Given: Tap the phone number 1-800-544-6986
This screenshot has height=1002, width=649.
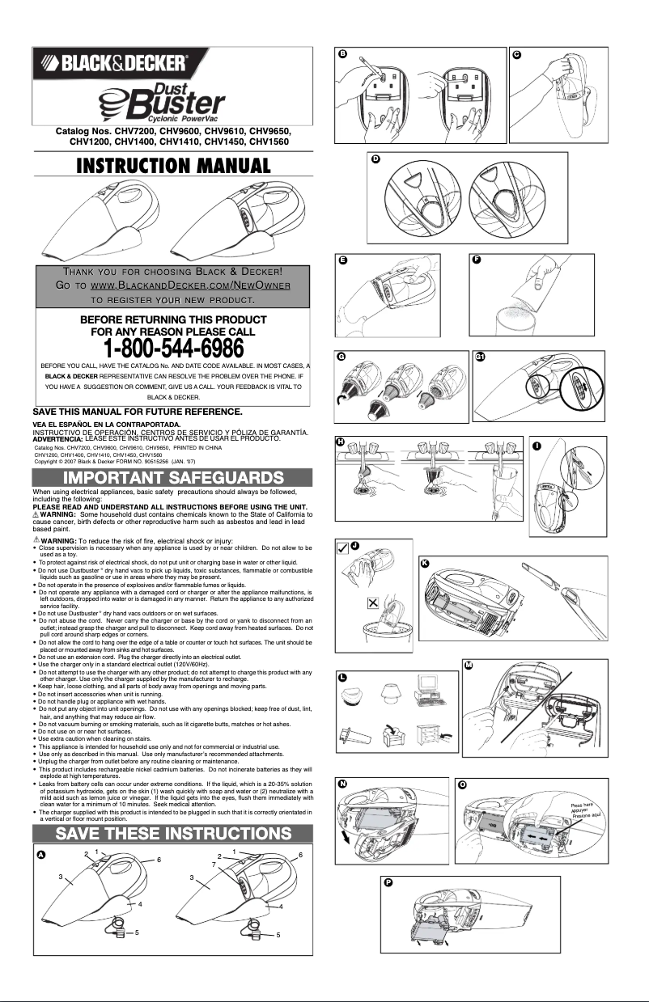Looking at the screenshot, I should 172,349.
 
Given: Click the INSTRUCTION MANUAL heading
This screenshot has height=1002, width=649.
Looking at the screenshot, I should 172,166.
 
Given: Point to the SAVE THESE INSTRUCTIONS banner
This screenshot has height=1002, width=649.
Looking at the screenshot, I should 172,833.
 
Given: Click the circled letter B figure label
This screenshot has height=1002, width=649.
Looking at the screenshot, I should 343,53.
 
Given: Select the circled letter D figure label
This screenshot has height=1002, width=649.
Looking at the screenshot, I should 375,159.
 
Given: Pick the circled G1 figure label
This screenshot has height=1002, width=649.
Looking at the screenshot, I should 480,358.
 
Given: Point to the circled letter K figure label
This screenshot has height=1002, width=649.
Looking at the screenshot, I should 424,564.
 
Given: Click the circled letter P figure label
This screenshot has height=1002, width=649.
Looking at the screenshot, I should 389,882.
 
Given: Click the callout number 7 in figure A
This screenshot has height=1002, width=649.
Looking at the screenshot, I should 214,865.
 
